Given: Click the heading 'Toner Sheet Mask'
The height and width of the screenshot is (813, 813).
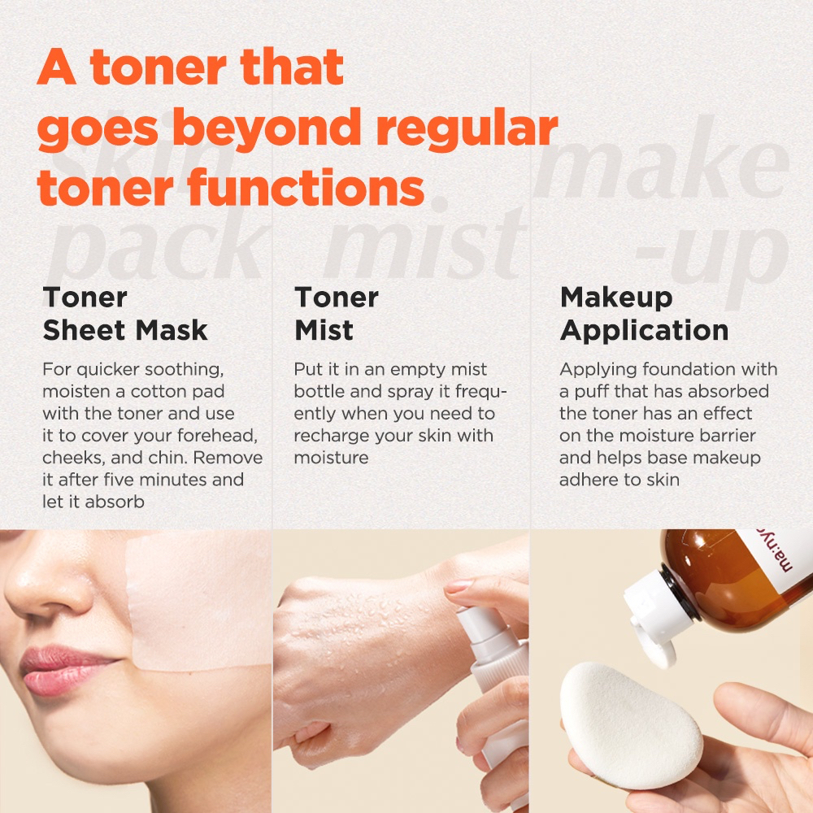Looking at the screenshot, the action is coord(125,314).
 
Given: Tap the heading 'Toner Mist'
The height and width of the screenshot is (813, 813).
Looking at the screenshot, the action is coord(337,314).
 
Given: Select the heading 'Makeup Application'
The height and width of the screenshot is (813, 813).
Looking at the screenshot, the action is coord(644,314).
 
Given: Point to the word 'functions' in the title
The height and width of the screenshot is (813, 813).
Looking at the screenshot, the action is coord(306,187).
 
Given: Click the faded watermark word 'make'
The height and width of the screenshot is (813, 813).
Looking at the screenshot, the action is coord(661,159).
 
